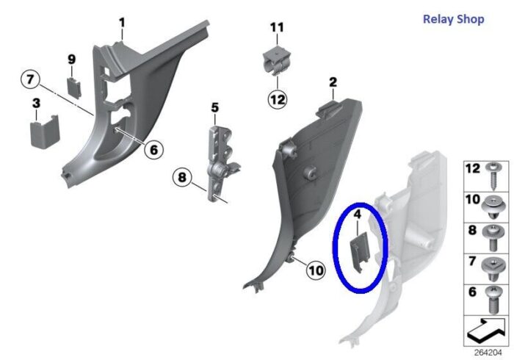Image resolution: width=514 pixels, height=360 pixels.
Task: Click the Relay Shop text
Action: tap(453, 19)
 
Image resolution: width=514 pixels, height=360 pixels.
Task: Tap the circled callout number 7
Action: tap(30, 79)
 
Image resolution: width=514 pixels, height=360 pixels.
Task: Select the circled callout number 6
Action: tap(153, 150)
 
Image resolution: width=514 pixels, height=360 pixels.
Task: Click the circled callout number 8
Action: tap(182, 178)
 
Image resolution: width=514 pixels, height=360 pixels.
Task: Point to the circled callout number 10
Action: tap(316, 270)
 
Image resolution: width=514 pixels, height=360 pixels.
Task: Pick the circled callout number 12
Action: tap(278, 99)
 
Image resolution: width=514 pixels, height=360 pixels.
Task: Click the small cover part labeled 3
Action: tap(45, 132)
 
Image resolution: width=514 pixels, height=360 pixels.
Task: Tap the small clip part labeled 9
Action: tap(74, 87)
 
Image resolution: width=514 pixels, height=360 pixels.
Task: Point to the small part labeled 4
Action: tap(361, 251)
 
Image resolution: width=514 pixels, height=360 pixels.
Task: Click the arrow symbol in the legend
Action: tap(486, 331)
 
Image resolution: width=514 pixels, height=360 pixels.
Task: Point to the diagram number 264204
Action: tap(488, 353)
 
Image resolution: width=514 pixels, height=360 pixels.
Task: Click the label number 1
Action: tap(122, 24)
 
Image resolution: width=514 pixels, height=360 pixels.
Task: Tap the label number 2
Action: tap(333, 82)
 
